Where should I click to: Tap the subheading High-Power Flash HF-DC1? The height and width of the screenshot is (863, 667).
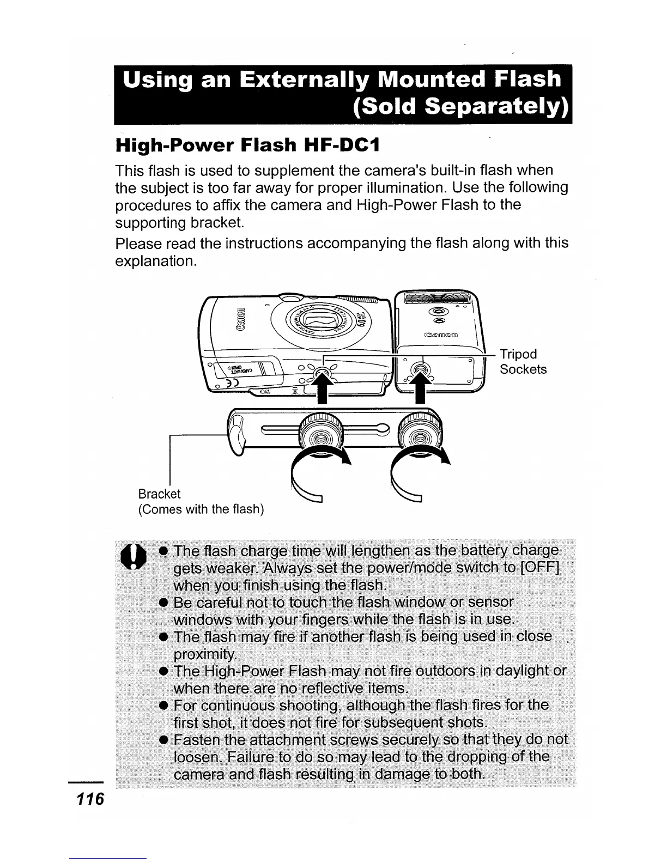tap(246, 145)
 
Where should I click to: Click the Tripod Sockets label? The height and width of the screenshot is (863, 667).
tap(523, 362)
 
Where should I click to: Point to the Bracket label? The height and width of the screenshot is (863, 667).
tap(159, 494)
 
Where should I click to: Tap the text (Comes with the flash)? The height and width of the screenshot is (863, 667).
tap(201, 509)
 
